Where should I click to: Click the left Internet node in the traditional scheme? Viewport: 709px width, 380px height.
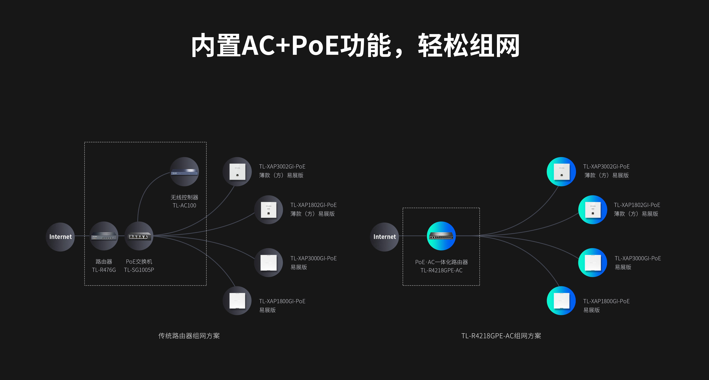pyautogui.click(x=60, y=237)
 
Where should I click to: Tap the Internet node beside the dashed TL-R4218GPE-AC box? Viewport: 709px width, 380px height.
pyautogui.click(x=385, y=237)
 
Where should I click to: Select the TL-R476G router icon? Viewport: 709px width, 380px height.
pyautogui.click(x=104, y=236)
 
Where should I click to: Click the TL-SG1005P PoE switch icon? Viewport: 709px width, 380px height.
pyautogui.click(x=139, y=236)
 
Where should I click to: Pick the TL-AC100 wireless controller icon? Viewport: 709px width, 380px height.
pyautogui.click(x=184, y=171)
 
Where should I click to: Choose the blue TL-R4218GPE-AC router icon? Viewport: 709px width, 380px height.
pyautogui.click(x=441, y=236)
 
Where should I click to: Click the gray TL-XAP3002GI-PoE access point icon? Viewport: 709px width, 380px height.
pyautogui.click(x=237, y=171)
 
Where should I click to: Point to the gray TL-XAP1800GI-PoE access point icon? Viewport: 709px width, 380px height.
pyautogui.click(x=237, y=301)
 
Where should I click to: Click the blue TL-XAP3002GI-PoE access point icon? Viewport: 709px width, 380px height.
pyautogui.click(x=561, y=171)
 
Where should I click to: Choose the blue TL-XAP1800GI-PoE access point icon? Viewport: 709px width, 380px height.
pyautogui.click(x=561, y=301)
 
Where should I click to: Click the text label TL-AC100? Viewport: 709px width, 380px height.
pyautogui.click(x=184, y=205)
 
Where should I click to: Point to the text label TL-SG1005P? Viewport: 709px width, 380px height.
pyautogui.click(x=139, y=270)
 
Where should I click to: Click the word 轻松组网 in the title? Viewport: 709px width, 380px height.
pyautogui.click(x=469, y=45)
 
